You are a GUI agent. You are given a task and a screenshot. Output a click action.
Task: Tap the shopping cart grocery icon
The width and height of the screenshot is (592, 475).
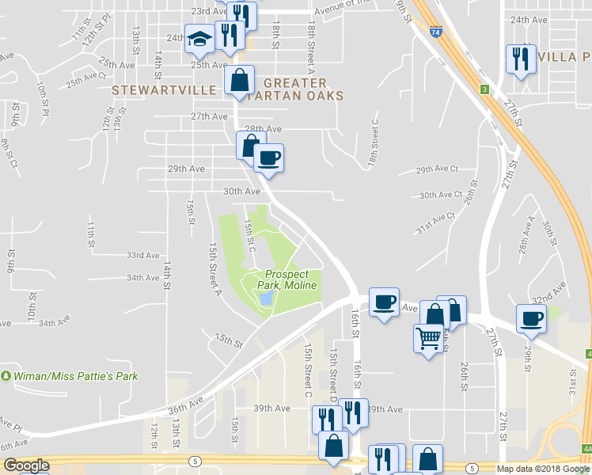(428, 338)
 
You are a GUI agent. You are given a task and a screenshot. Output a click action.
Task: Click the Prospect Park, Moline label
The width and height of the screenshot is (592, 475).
(287, 279)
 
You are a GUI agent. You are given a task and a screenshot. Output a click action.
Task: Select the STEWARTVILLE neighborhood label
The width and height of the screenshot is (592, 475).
(163, 90)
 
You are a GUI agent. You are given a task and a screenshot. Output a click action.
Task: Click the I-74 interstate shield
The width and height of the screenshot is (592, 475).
(436, 32)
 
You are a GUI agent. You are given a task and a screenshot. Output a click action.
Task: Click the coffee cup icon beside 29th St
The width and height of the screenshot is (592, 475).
(531, 317)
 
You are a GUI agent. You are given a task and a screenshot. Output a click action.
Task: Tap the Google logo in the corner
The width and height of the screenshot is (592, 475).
(25, 465)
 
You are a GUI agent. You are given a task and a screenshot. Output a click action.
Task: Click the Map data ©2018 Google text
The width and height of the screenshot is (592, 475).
(543, 469)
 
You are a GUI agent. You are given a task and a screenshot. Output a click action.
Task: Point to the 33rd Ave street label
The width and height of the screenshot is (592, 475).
(142, 256)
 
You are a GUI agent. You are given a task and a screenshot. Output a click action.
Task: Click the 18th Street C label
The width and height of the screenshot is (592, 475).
(373, 145)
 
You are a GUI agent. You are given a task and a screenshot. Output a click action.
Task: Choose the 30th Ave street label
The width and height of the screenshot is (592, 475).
(241, 192)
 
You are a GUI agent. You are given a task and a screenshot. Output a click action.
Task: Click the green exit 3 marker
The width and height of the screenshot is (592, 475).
(484, 89)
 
